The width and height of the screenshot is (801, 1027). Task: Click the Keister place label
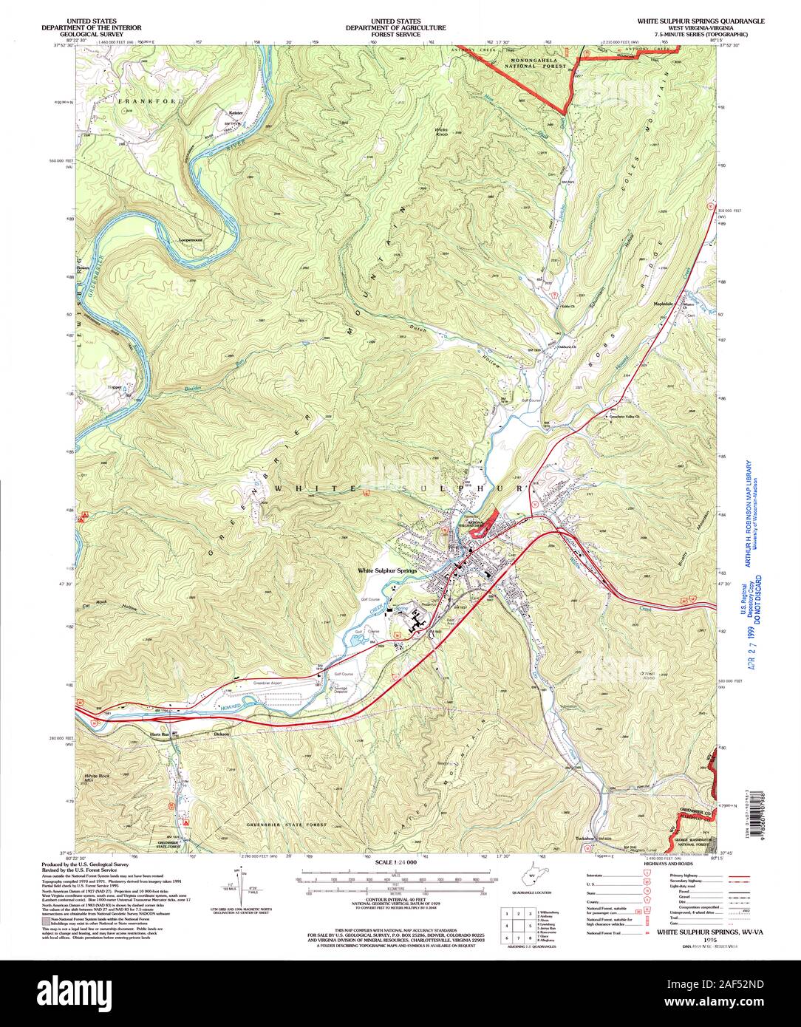click(x=236, y=113)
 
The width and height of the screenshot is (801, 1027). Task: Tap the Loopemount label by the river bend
click(x=194, y=241)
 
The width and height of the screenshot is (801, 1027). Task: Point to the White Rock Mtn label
click(x=96, y=778)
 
